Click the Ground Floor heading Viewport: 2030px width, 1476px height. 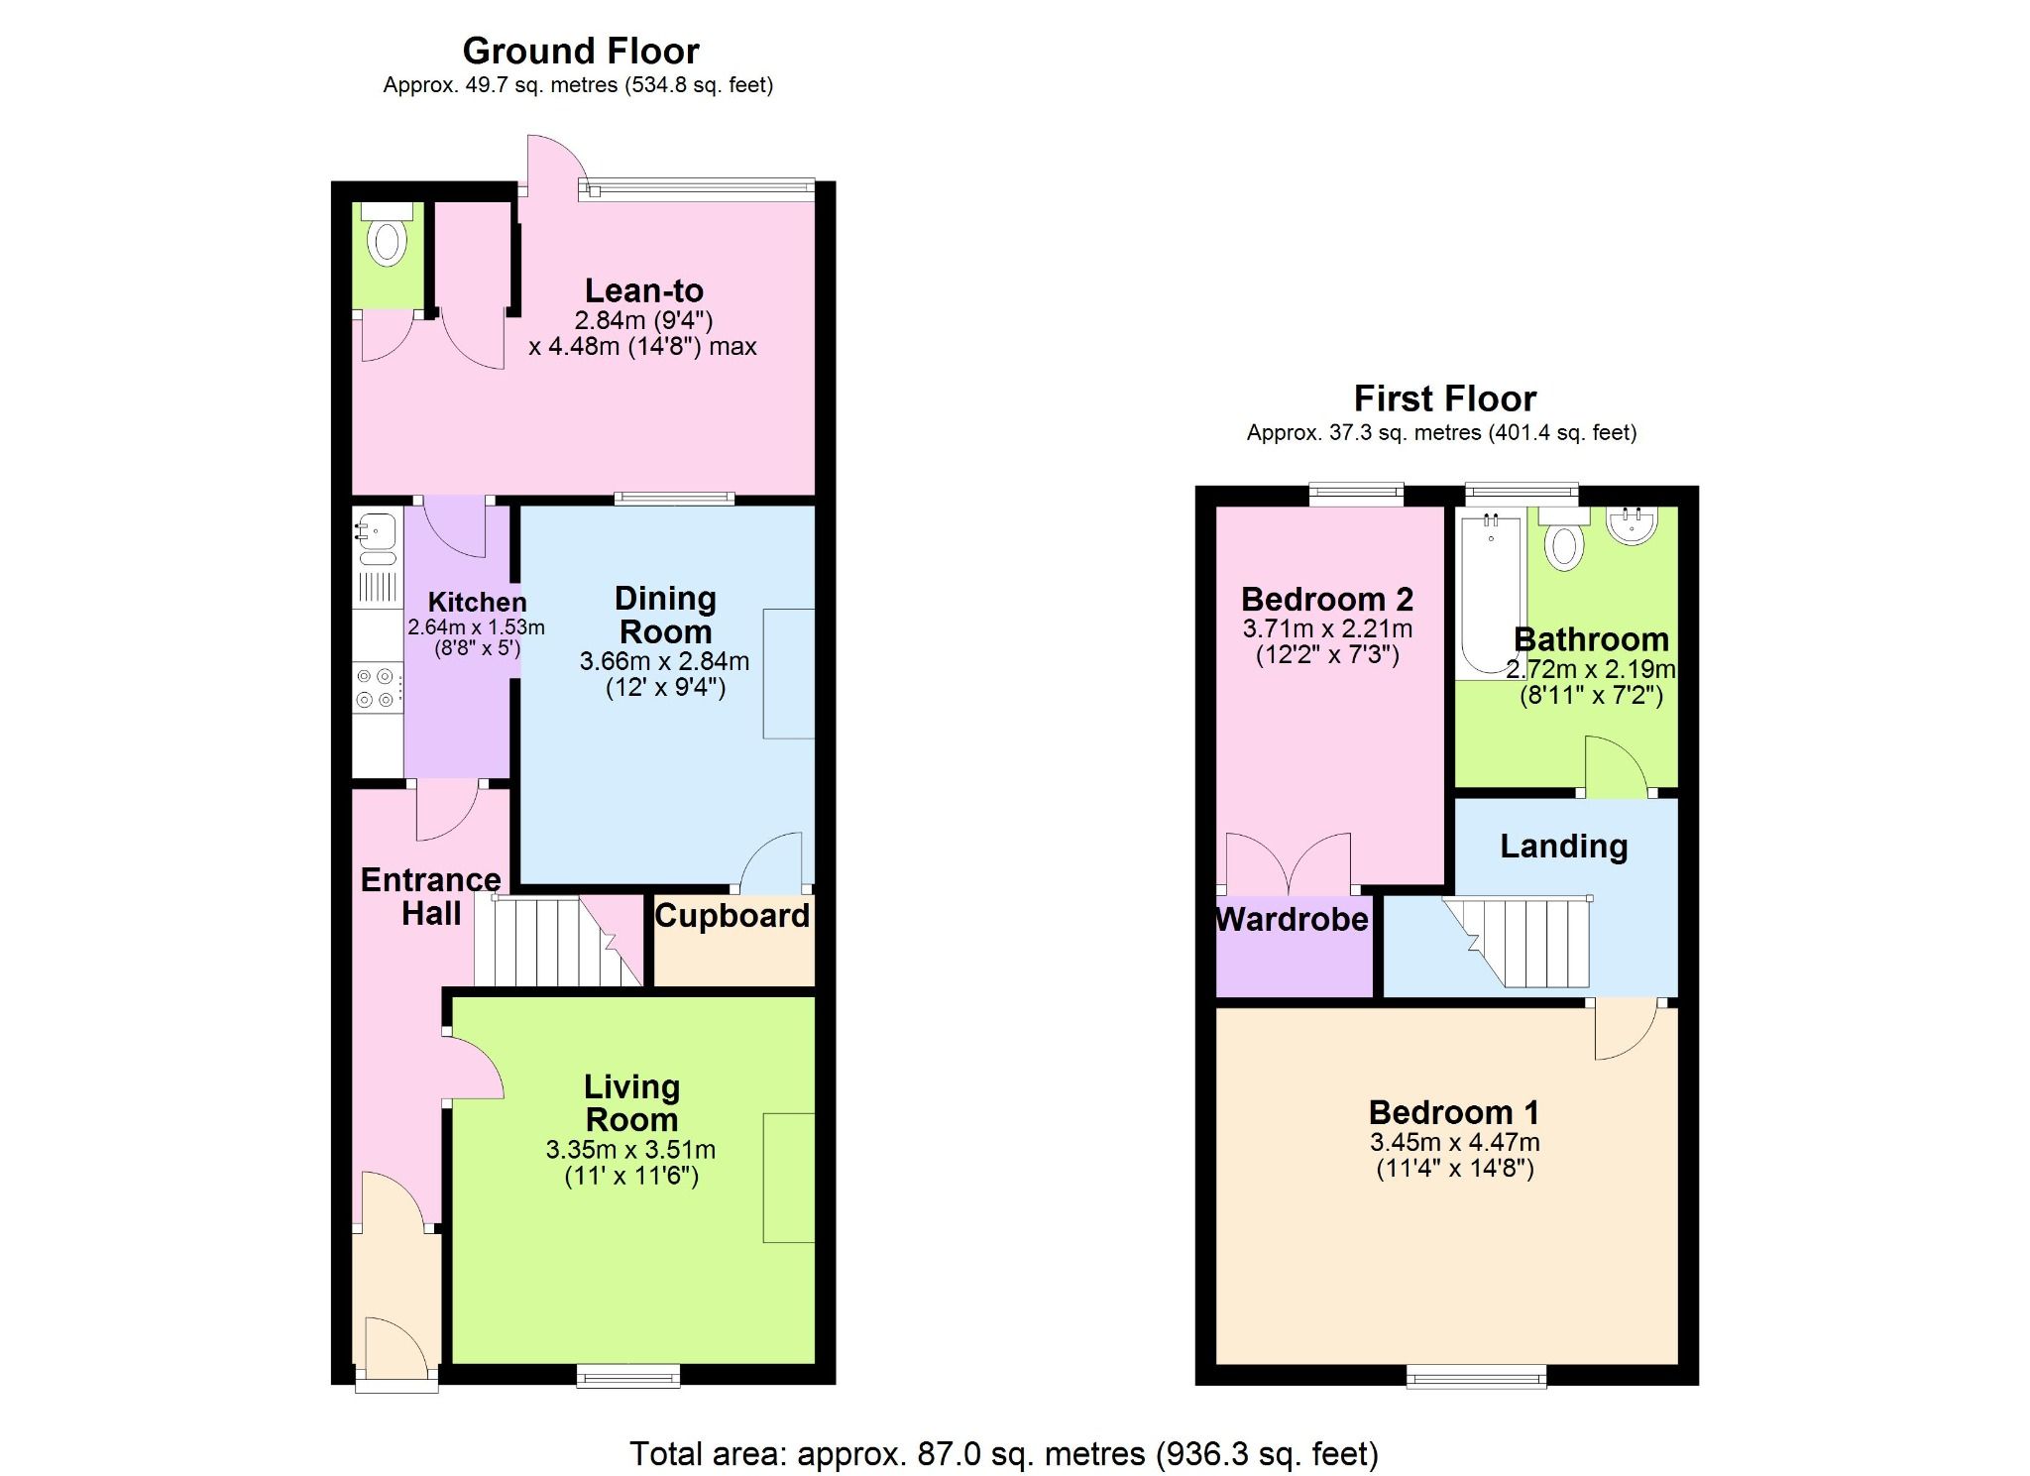pos(581,51)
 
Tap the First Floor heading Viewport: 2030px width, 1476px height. pos(1444,398)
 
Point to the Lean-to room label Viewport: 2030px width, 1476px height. pos(644,290)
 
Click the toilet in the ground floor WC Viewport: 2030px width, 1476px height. pos(387,241)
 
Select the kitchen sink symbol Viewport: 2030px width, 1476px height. pos(377,530)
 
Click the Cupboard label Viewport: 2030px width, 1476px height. pos(733,915)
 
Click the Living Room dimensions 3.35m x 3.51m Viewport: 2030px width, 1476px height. pos(630,1150)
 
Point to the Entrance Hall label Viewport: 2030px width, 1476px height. pos(430,896)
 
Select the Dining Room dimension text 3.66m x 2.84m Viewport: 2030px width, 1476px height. pos(664,661)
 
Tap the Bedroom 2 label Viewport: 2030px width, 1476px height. pos(1327,599)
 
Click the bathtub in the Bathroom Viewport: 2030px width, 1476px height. pos(1490,593)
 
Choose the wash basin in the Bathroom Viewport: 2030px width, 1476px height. pos(1632,525)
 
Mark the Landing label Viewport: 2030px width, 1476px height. pos(1563,846)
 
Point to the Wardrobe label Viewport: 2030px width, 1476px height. pos(1292,919)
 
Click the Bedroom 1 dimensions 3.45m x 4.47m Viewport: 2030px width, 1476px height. pos(1454,1142)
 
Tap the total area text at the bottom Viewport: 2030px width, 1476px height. pos(1003,1453)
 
